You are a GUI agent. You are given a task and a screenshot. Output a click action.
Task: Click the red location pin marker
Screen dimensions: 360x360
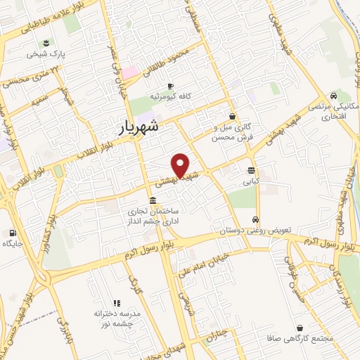(181, 165)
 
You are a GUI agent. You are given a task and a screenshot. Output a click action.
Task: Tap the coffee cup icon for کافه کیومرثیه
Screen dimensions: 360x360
(170, 86)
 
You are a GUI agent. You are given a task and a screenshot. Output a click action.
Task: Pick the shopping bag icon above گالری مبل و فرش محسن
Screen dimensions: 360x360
(233, 117)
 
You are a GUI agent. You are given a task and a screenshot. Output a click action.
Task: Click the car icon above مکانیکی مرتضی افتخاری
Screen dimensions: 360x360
(333, 96)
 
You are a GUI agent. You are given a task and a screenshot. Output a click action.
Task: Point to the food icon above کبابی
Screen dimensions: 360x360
(251, 170)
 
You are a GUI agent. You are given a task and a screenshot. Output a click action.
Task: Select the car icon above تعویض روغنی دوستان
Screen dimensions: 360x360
(257, 219)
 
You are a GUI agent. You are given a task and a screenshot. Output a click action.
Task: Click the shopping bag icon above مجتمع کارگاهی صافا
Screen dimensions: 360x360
(300, 328)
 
